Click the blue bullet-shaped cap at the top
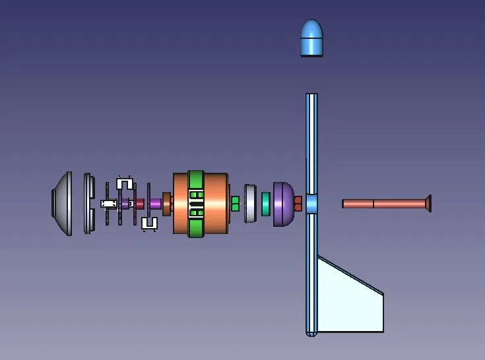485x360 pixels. pyautogui.click(x=311, y=38)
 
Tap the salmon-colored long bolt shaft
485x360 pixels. pyautogui.click(x=383, y=204)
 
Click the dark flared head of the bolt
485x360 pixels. pyautogui.click(x=428, y=203)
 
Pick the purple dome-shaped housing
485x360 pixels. pyautogui.click(x=284, y=204)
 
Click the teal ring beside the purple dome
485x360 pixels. pyautogui.click(x=266, y=204)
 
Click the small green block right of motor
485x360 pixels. pyautogui.click(x=235, y=203)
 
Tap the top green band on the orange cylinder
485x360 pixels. pyautogui.click(x=196, y=180)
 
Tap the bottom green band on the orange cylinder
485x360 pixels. pyautogui.click(x=196, y=228)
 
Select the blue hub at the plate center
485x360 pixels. pyautogui.click(x=311, y=203)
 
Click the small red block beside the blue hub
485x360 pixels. pyautogui.click(x=298, y=203)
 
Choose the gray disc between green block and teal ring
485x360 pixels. pyautogui.click(x=250, y=203)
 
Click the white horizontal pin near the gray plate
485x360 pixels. pyautogui.click(x=108, y=204)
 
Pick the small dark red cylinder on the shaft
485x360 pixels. pyautogui.click(x=139, y=204)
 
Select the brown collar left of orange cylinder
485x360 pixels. pyautogui.click(x=166, y=204)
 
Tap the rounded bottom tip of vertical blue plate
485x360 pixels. pyautogui.click(x=311, y=332)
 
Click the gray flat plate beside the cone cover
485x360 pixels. pyautogui.click(x=87, y=203)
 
